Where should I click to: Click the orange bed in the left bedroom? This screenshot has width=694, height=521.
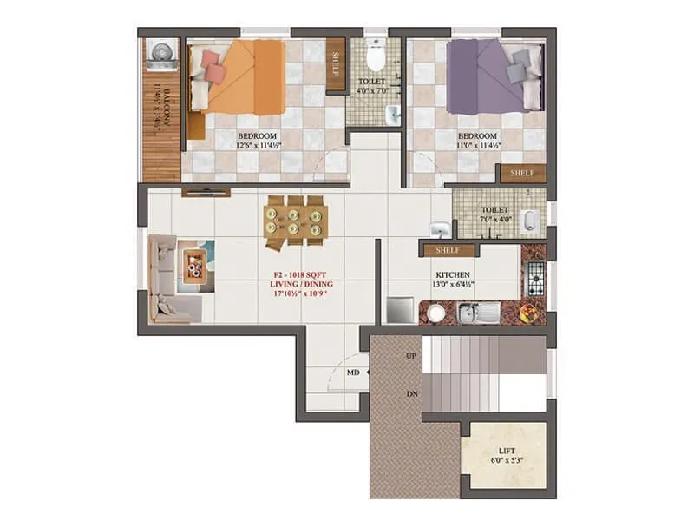[x=239, y=76]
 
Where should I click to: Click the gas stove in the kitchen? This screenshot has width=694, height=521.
[x=534, y=278]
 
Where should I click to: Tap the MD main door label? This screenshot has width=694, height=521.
[x=353, y=373]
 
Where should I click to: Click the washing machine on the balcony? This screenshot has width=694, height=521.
[x=162, y=55]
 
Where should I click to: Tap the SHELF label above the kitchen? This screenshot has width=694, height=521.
[x=447, y=251]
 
